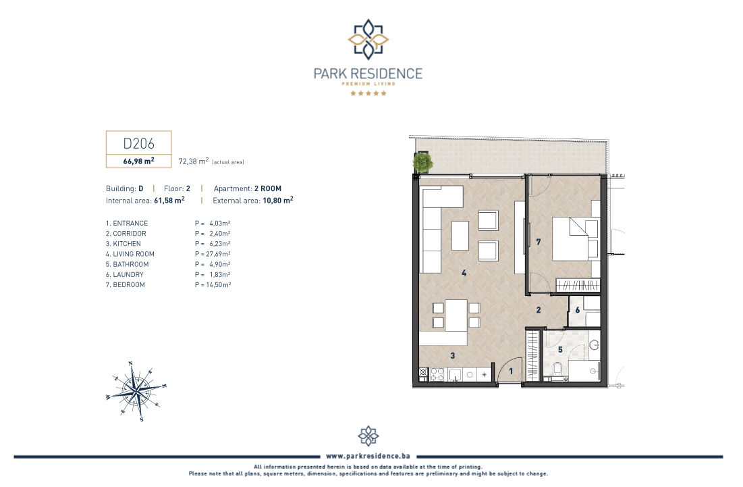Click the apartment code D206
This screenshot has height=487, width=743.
point(138,143)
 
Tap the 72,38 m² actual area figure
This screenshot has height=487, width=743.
point(193,161)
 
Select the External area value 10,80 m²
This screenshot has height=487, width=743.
point(277,200)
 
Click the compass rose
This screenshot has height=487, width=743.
point(136,391)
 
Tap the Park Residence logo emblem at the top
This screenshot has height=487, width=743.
point(368,39)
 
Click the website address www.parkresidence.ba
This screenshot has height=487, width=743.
point(368,456)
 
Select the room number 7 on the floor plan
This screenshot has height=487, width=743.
point(539,242)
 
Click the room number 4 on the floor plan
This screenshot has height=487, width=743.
point(464,273)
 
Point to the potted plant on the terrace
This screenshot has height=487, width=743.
point(422,162)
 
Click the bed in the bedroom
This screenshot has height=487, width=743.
point(576,239)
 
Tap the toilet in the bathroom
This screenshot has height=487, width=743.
point(557,369)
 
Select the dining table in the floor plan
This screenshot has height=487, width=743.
point(456,315)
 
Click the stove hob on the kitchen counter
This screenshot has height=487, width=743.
point(437,375)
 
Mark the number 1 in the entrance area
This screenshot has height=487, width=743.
point(511,371)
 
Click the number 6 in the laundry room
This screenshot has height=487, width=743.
point(577,310)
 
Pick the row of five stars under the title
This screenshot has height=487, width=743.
point(368,93)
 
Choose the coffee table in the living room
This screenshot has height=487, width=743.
point(460,236)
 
